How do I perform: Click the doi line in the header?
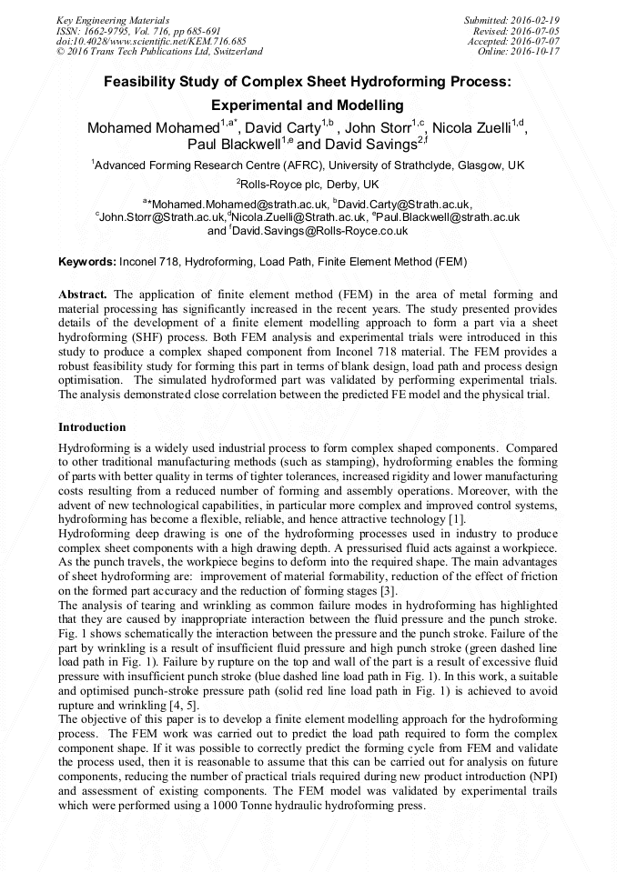151,41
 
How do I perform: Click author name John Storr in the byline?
378,128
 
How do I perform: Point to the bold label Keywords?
87,262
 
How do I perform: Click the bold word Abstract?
83,295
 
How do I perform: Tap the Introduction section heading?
92,427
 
